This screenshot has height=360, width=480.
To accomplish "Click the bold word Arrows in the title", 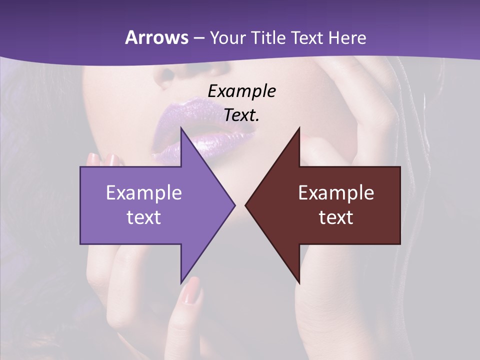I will pos(156,37).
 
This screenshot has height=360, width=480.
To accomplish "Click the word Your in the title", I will pos(228,38).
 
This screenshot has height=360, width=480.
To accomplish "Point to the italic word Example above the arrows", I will pos(241,91).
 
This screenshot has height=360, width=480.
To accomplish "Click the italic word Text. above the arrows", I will pos(241,115).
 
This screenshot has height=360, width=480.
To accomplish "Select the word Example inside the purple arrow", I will pos(143,193).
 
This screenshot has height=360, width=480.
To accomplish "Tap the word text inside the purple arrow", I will pos(143,217).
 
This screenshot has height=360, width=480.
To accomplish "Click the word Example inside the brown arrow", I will pos(336,193).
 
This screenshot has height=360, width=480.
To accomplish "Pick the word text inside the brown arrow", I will pos(336,217).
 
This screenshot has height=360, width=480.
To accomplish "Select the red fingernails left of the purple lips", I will pos(102,160).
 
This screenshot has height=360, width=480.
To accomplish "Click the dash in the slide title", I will pos(198,38).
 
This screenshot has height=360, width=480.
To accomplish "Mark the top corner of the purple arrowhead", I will pos(181,127).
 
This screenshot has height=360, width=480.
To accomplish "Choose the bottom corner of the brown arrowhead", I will pos(299,283).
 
